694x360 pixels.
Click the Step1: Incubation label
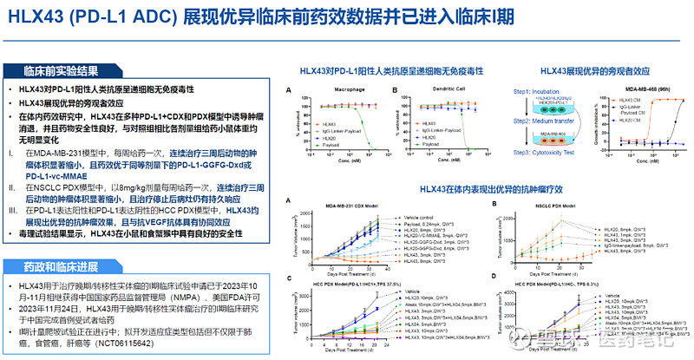pyautogui.click(x=533, y=91)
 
